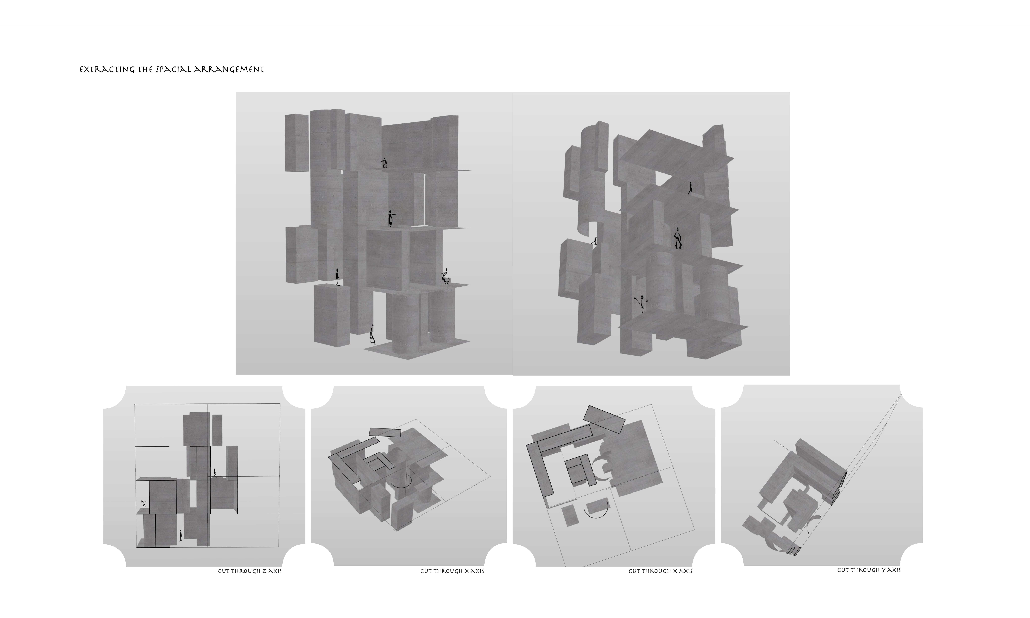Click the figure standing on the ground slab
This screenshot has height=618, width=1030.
pos(372,335)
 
